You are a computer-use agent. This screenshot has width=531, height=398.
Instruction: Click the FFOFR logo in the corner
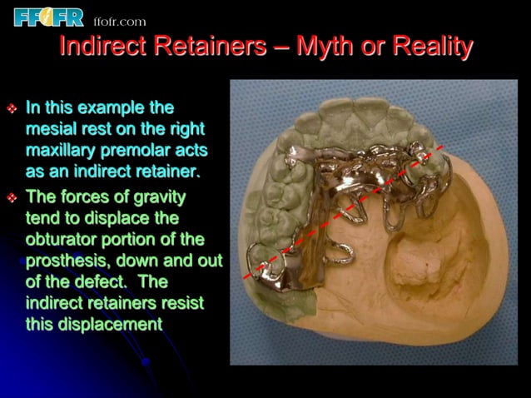(x=47, y=16)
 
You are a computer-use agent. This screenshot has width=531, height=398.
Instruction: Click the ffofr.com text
(x=119, y=21)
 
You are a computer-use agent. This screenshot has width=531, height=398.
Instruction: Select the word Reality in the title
(x=429, y=47)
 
